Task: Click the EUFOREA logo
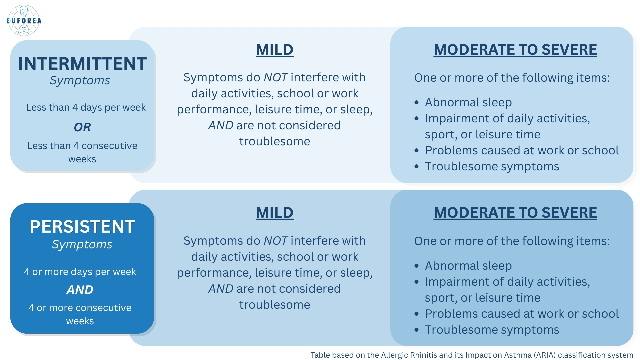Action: pos(24,21)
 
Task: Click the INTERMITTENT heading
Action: pos(82,64)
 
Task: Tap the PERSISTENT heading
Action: pos(82,227)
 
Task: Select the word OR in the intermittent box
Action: pos(82,127)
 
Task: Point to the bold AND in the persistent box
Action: pos(80,290)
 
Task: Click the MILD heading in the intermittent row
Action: pos(275,50)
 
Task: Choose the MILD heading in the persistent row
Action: pos(275,213)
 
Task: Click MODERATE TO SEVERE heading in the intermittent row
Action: pos(515,50)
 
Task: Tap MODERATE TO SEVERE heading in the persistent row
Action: pos(515,213)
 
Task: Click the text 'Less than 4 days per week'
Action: pos(86,107)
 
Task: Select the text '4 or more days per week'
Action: pos(80,272)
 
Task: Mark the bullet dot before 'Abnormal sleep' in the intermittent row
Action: pos(416,103)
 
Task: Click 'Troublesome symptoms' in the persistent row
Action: pos(492,330)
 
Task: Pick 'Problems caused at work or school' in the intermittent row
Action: pos(522,150)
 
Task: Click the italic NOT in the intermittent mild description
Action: pos(276,77)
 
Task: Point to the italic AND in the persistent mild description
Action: pos(221,289)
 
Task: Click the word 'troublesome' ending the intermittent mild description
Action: pos(275,141)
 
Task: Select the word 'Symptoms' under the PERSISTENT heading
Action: pos(82,245)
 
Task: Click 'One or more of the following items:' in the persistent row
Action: pos(512,241)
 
